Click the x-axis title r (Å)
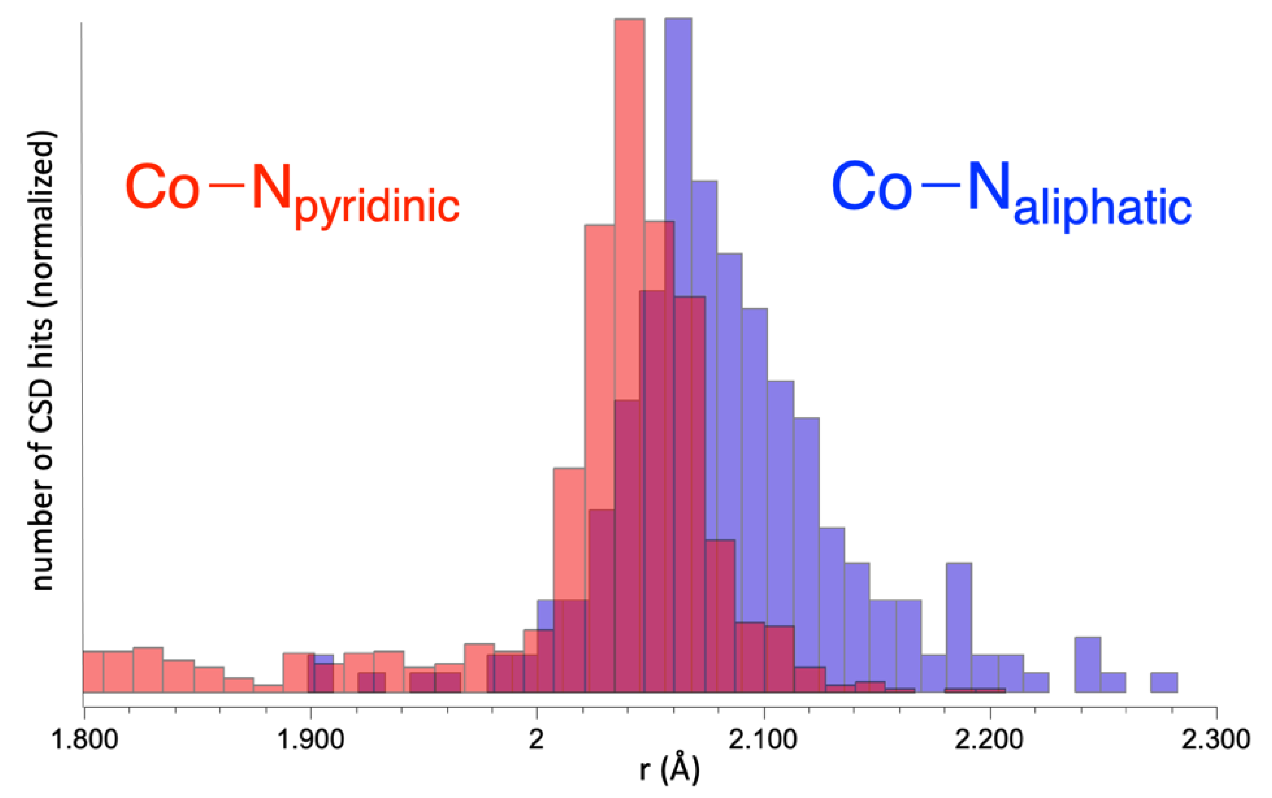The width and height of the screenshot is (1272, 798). click(x=669, y=770)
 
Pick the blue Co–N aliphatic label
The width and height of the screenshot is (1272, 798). click(x=1011, y=193)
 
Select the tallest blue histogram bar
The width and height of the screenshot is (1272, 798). click(x=678, y=105)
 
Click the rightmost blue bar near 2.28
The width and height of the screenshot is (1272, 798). click(x=1164, y=682)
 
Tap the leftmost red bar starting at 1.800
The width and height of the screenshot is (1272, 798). click(x=94, y=671)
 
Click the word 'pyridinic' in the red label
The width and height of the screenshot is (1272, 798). click(x=377, y=207)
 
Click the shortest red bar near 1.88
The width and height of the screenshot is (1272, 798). click(x=269, y=688)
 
